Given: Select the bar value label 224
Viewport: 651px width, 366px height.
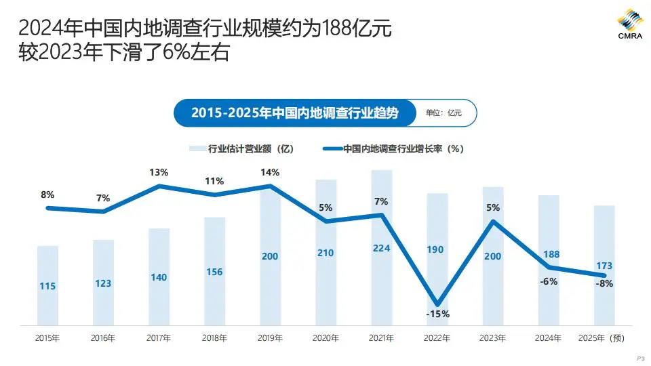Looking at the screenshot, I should click(382, 248).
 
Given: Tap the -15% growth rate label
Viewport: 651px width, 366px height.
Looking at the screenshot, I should click(437, 314).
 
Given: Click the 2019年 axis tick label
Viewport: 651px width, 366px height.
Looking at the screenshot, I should click(270, 338).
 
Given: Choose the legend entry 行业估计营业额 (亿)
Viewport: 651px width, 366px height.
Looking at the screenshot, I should click(241, 148).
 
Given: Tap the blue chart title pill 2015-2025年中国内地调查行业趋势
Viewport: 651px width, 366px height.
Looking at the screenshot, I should click(294, 113).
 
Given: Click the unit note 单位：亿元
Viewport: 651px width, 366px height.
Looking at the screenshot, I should click(443, 113).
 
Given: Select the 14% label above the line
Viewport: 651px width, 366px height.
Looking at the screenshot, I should click(270, 172).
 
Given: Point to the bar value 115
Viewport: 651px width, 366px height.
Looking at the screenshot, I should click(47, 287).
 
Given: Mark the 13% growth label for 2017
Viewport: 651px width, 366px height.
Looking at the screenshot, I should click(159, 172).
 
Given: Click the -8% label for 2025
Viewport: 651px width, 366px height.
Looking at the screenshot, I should click(604, 284).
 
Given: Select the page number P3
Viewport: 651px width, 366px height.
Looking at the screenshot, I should click(639, 357).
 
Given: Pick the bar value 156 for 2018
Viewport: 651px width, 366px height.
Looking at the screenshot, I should click(214, 272).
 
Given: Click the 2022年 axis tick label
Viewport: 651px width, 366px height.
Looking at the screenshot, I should click(437, 338).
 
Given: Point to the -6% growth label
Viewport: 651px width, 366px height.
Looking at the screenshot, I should click(549, 281).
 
